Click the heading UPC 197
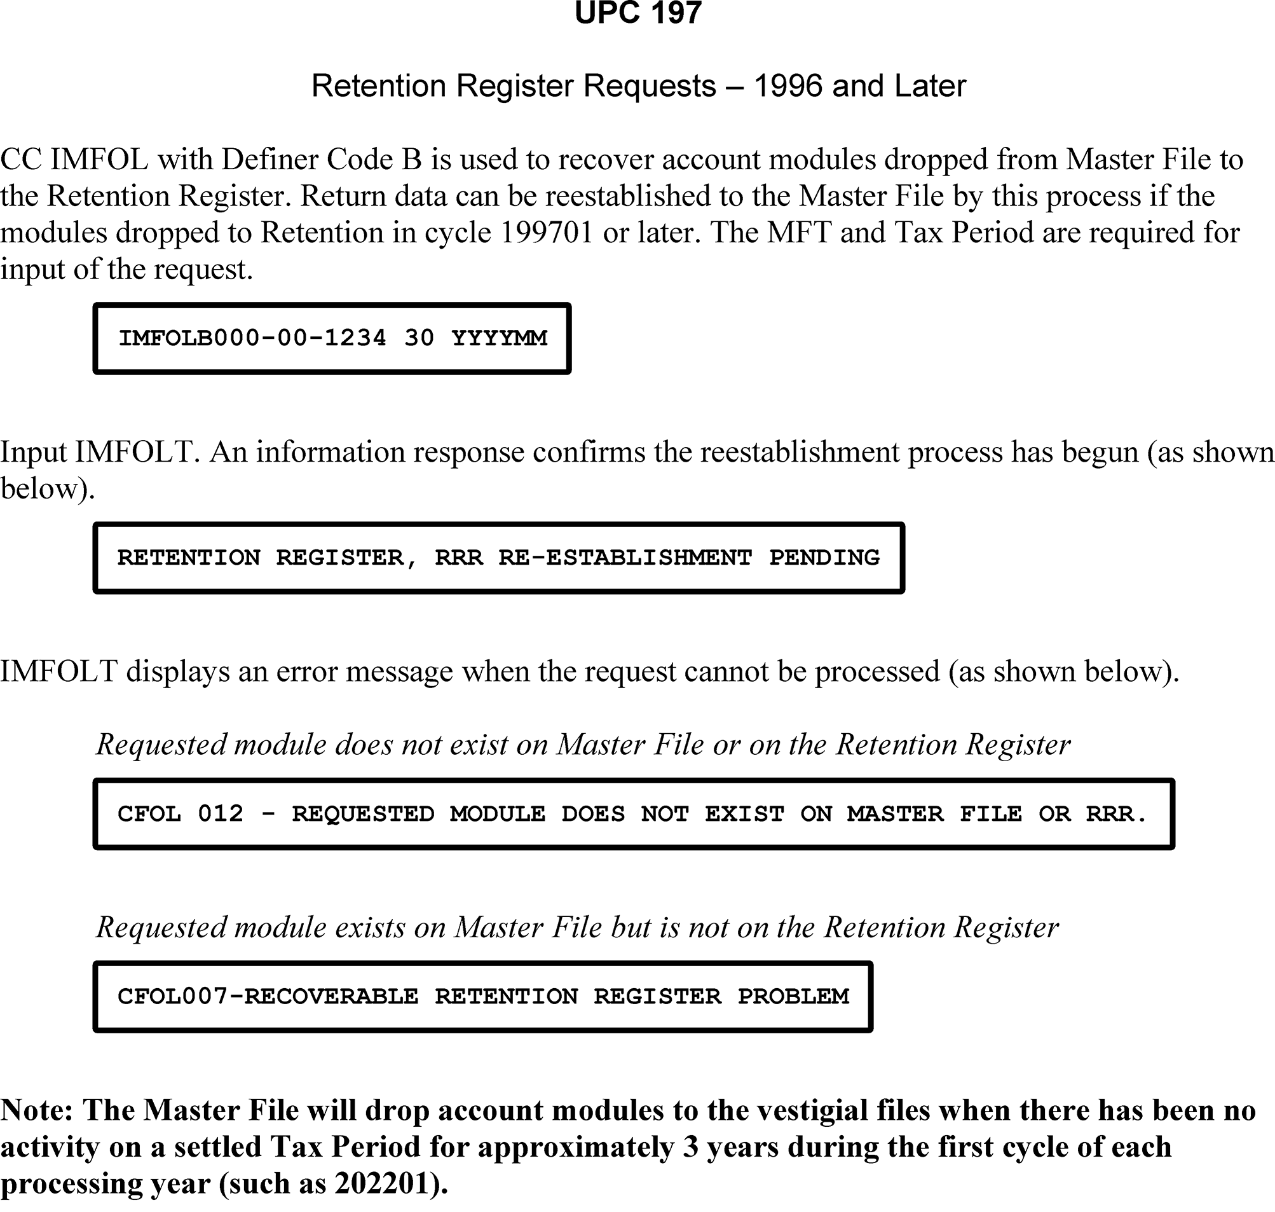637,13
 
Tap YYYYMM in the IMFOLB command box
500,338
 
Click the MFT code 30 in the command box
419,338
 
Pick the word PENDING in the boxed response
824,558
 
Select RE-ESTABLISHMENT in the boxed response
625,558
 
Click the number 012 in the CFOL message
221,813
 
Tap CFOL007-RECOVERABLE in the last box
268,996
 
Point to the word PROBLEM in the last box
793,996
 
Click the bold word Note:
37,1110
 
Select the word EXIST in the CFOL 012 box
744,813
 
